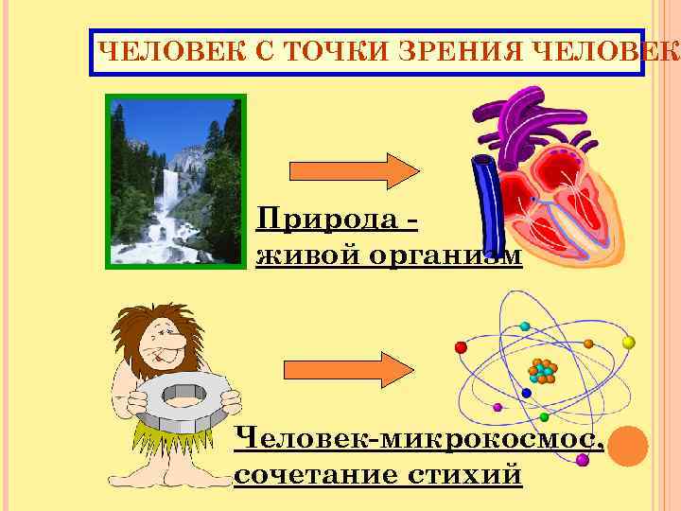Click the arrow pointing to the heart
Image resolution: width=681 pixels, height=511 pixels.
(x=353, y=170)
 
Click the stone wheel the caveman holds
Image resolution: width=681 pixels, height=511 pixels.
(x=184, y=402)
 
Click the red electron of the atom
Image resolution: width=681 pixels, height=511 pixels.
(x=462, y=346)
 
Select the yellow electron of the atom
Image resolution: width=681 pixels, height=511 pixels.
(x=628, y=342)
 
